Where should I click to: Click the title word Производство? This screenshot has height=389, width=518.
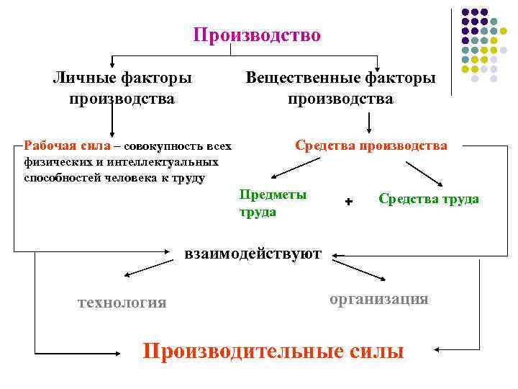tap(257, 35)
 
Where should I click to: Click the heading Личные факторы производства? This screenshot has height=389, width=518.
tap(122, 87)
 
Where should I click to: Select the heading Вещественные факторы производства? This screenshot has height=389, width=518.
tap(340, 87)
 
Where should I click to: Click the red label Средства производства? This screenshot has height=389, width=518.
tap(371, 146)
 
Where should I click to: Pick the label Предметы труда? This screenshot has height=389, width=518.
tap(273, 203)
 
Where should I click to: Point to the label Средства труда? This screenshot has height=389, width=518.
tap(428, 199)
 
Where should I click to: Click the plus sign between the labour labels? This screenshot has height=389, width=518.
tap(349, 202)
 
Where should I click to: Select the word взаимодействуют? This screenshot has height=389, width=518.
tap(253, 253)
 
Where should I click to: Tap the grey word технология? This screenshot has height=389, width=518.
tap(122, 303)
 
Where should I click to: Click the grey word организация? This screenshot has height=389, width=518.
tap(378, 299)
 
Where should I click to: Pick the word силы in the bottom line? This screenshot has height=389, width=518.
tap(373, 351)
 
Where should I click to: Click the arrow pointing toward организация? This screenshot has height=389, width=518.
tap(364, 271)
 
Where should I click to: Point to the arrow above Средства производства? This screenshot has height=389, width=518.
tap(369, 122)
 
